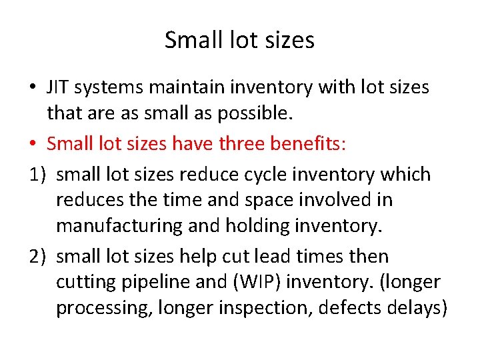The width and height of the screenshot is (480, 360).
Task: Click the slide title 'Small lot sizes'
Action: click(239, 41)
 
